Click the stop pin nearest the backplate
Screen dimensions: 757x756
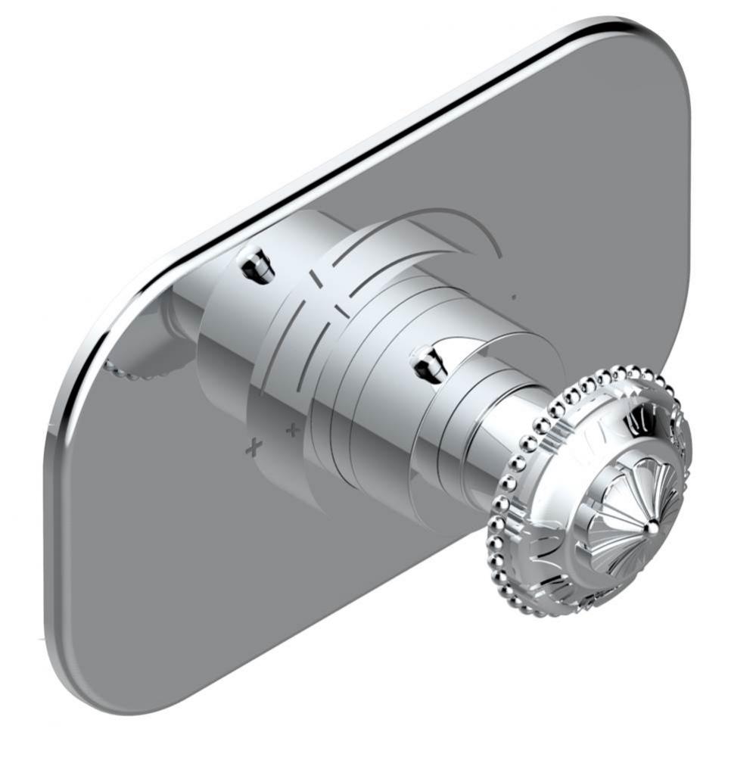tap(256, 264)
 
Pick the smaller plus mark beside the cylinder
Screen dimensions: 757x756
tap(291, 431)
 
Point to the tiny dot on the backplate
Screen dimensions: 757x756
tap(513, 298)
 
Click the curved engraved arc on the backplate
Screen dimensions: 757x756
tap(469, 227)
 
